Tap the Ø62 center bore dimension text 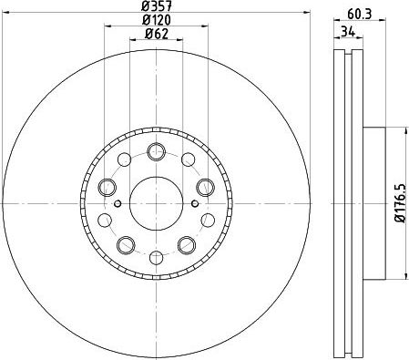pyautogui.click(x=156, y=36)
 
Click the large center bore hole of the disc pyautogui.click(x=156, y=202)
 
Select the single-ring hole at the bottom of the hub pyautogui.click(x=156, y=256)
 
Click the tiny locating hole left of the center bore pyautogui.click(x=119, y=201)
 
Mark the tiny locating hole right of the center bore pyautogui.click(x=193, y=201)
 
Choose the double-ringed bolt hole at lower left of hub pyautogui.click(x=126, y=244)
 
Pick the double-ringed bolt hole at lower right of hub pyautogui.click(x=187, y=244)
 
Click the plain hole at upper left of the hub pyautogui.click(x=126, y=161)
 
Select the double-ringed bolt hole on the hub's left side pyautogui.click(x=107, y=188)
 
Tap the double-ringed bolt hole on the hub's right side pyautogui.click(x=205, y=188)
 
